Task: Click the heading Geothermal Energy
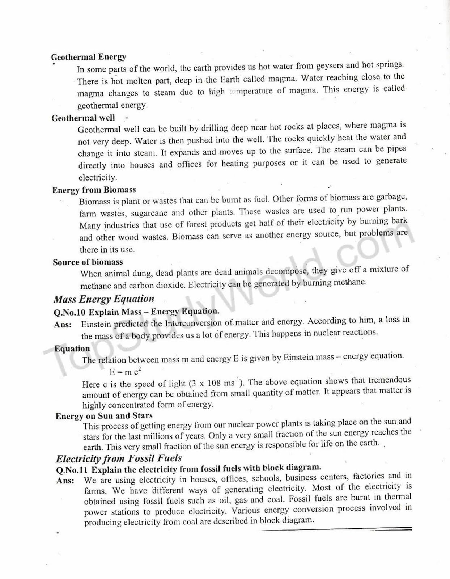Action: (89, 57)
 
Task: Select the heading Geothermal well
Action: (83, 118)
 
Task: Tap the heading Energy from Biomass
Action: (94, 190)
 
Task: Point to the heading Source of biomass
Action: (88, 262)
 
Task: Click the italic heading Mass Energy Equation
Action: (104, 299)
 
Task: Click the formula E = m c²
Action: (125, 371)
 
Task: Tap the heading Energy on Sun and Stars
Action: (104, 416)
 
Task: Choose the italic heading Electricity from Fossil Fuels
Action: (119, 458)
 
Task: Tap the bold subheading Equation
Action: (72, 348)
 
